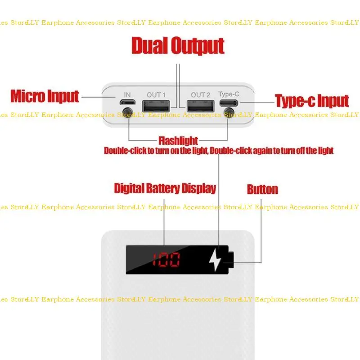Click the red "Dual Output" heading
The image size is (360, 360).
178,46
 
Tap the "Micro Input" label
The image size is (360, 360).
45,96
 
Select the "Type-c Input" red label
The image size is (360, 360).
311,101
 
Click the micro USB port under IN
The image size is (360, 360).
127,104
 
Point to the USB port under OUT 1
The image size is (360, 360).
156,106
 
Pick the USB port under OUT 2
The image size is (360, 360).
201,106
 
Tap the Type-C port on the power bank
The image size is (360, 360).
229,104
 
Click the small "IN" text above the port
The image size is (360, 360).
127,94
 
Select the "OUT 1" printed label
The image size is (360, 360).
156,94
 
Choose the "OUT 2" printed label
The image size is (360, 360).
201,94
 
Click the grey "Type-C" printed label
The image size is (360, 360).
229,94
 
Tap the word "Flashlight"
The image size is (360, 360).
178,141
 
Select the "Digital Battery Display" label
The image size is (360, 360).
165,188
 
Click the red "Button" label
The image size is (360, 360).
262,189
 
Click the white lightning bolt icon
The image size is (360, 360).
215,260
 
